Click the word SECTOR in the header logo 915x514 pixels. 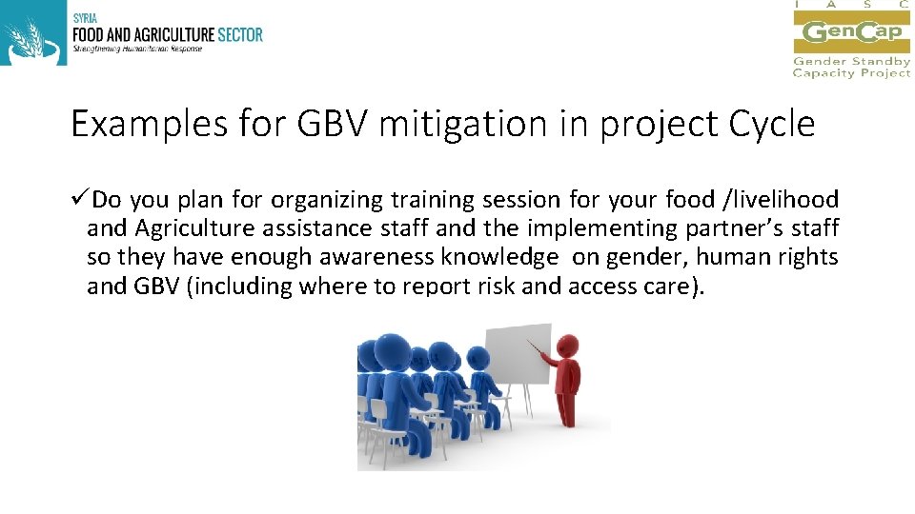[x=238, y=34]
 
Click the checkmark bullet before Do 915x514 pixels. [x=80, y=200]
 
